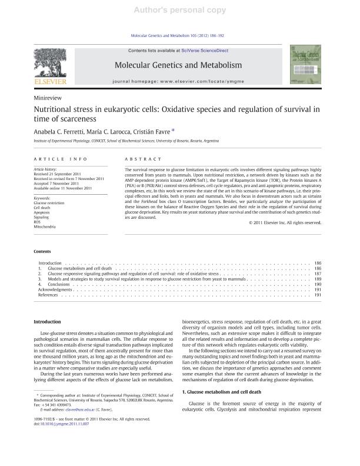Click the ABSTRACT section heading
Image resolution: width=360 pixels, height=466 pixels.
click(x=142, y=159)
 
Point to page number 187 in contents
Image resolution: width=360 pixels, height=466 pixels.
click(x=317, y=274)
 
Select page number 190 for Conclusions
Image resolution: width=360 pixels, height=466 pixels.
click(x=317, y=285)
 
